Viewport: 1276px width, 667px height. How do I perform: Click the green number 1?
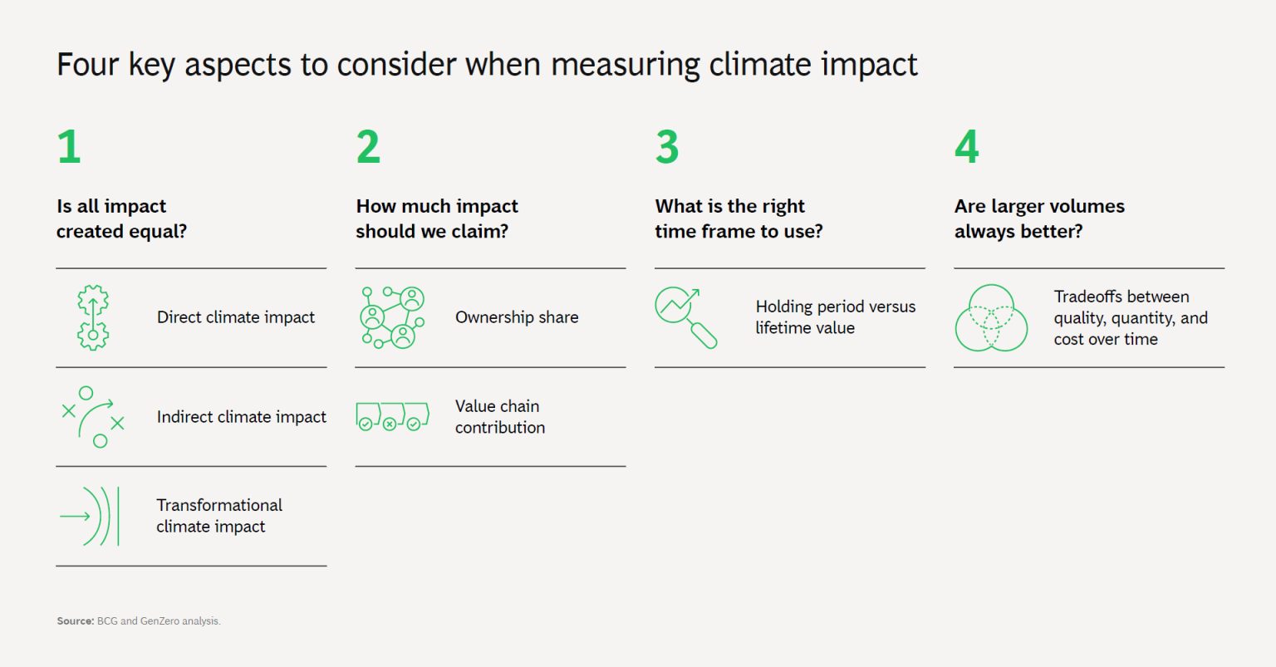(x=69, y=147)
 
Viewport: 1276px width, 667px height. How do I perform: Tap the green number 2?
(x=368, y=147)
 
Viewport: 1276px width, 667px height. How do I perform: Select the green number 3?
(x=667, y=147)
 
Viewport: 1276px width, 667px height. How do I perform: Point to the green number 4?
(x=966, y=147)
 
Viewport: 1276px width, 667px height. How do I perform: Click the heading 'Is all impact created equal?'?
(x=121, y=218)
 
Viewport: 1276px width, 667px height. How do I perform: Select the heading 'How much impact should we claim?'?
(x=436, y=218)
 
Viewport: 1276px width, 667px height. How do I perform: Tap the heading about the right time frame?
(x=739, y=218)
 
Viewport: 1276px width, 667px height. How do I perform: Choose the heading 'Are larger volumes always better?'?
(x=1039, y=218)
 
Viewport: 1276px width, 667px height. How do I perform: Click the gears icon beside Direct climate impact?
(x=93, y=317)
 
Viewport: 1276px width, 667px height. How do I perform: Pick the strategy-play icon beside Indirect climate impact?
(x=93, y=417)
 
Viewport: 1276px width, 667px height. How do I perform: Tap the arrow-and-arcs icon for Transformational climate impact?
(x=90, y=516)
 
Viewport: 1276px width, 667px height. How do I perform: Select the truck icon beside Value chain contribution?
(x=392, y=416)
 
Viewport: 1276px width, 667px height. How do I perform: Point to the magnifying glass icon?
(x=686, y=317)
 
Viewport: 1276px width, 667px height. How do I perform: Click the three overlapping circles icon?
(x=991, y=318)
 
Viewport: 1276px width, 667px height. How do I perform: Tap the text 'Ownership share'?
(x=517, y=317)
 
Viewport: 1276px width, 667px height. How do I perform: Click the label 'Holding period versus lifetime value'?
(x=835, y=317)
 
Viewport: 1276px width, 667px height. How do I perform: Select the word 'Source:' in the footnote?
(x=75, y=621)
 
